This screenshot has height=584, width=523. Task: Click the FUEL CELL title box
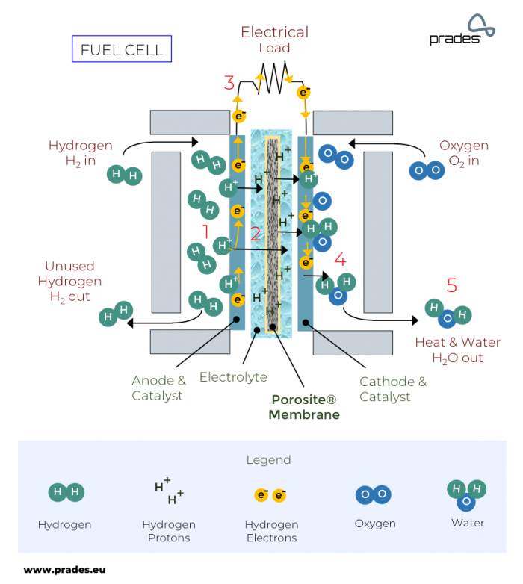121,49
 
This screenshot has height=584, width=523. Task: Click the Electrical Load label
274,40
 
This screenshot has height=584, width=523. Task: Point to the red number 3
229,83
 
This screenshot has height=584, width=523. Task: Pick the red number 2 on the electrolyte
255,233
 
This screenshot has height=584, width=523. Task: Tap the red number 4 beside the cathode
340,260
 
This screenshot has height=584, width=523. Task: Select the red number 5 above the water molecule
451,285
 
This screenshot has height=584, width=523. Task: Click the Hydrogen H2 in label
80,153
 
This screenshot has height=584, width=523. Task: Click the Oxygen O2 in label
463,153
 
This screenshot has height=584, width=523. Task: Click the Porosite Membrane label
304,408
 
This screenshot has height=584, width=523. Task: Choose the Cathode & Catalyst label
393,389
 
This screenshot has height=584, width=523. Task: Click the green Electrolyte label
233,377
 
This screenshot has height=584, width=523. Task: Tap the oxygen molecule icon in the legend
375,494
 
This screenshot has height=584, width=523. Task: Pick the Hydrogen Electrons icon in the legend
270,495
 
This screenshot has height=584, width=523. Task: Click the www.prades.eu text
64,569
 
